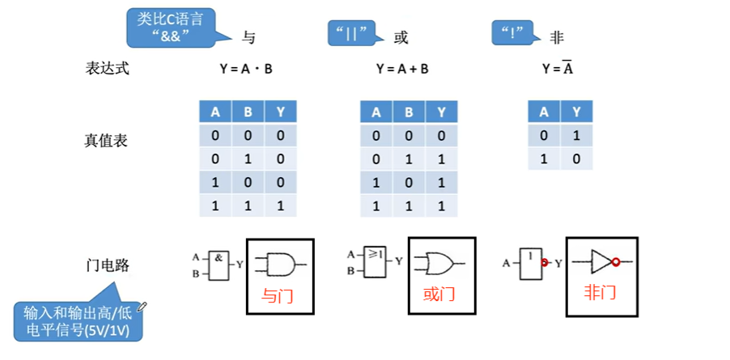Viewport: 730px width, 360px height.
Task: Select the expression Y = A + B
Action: (x=402, y=69)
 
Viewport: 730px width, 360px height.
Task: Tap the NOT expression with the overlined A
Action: (x=558, y=69)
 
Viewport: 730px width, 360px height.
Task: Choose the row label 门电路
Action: (x=108, y=265)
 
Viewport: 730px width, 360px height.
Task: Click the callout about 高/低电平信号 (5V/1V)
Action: (x=77, y=321)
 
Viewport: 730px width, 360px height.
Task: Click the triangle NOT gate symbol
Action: (x=603, y=261)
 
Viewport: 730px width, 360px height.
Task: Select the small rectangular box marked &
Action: (x=219, y=263)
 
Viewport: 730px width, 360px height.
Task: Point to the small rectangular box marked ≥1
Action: (x=376, y=261)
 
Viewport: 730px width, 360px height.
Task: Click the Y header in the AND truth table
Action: (x=280, y=112)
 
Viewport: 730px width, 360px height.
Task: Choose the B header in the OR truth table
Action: (x=409, y=112)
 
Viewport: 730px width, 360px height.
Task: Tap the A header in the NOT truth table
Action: (x=543, y=112)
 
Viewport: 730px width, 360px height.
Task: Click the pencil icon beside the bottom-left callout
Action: (x=143, y=306)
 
